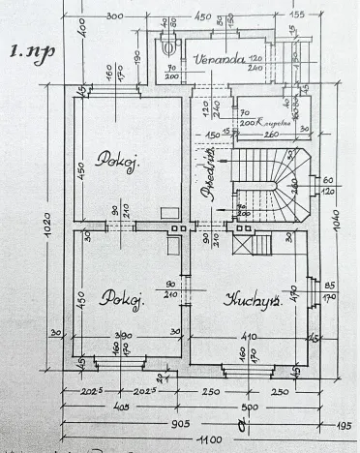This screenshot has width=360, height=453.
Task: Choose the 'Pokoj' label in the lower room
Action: [x=124, y=300]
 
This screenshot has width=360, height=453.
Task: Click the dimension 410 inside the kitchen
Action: [x=249, y=338]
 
